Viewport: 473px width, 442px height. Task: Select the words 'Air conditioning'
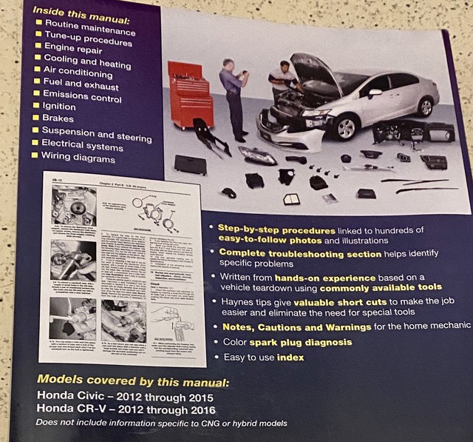tap(78, 73)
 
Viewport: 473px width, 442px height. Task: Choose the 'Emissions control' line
tap(84, 95)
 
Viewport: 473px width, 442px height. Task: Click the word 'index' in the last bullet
tap(291, 357)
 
